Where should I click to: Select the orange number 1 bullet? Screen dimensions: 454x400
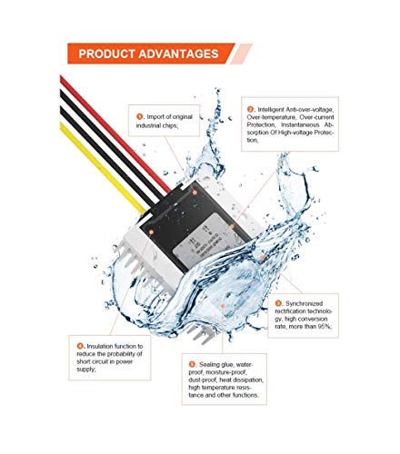(x=140, y=117)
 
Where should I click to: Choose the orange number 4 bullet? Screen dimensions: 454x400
(x=80, y=347)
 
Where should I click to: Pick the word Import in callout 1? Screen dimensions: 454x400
(x=158, y=117)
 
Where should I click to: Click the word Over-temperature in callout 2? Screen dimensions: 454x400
(x=268, y=118)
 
